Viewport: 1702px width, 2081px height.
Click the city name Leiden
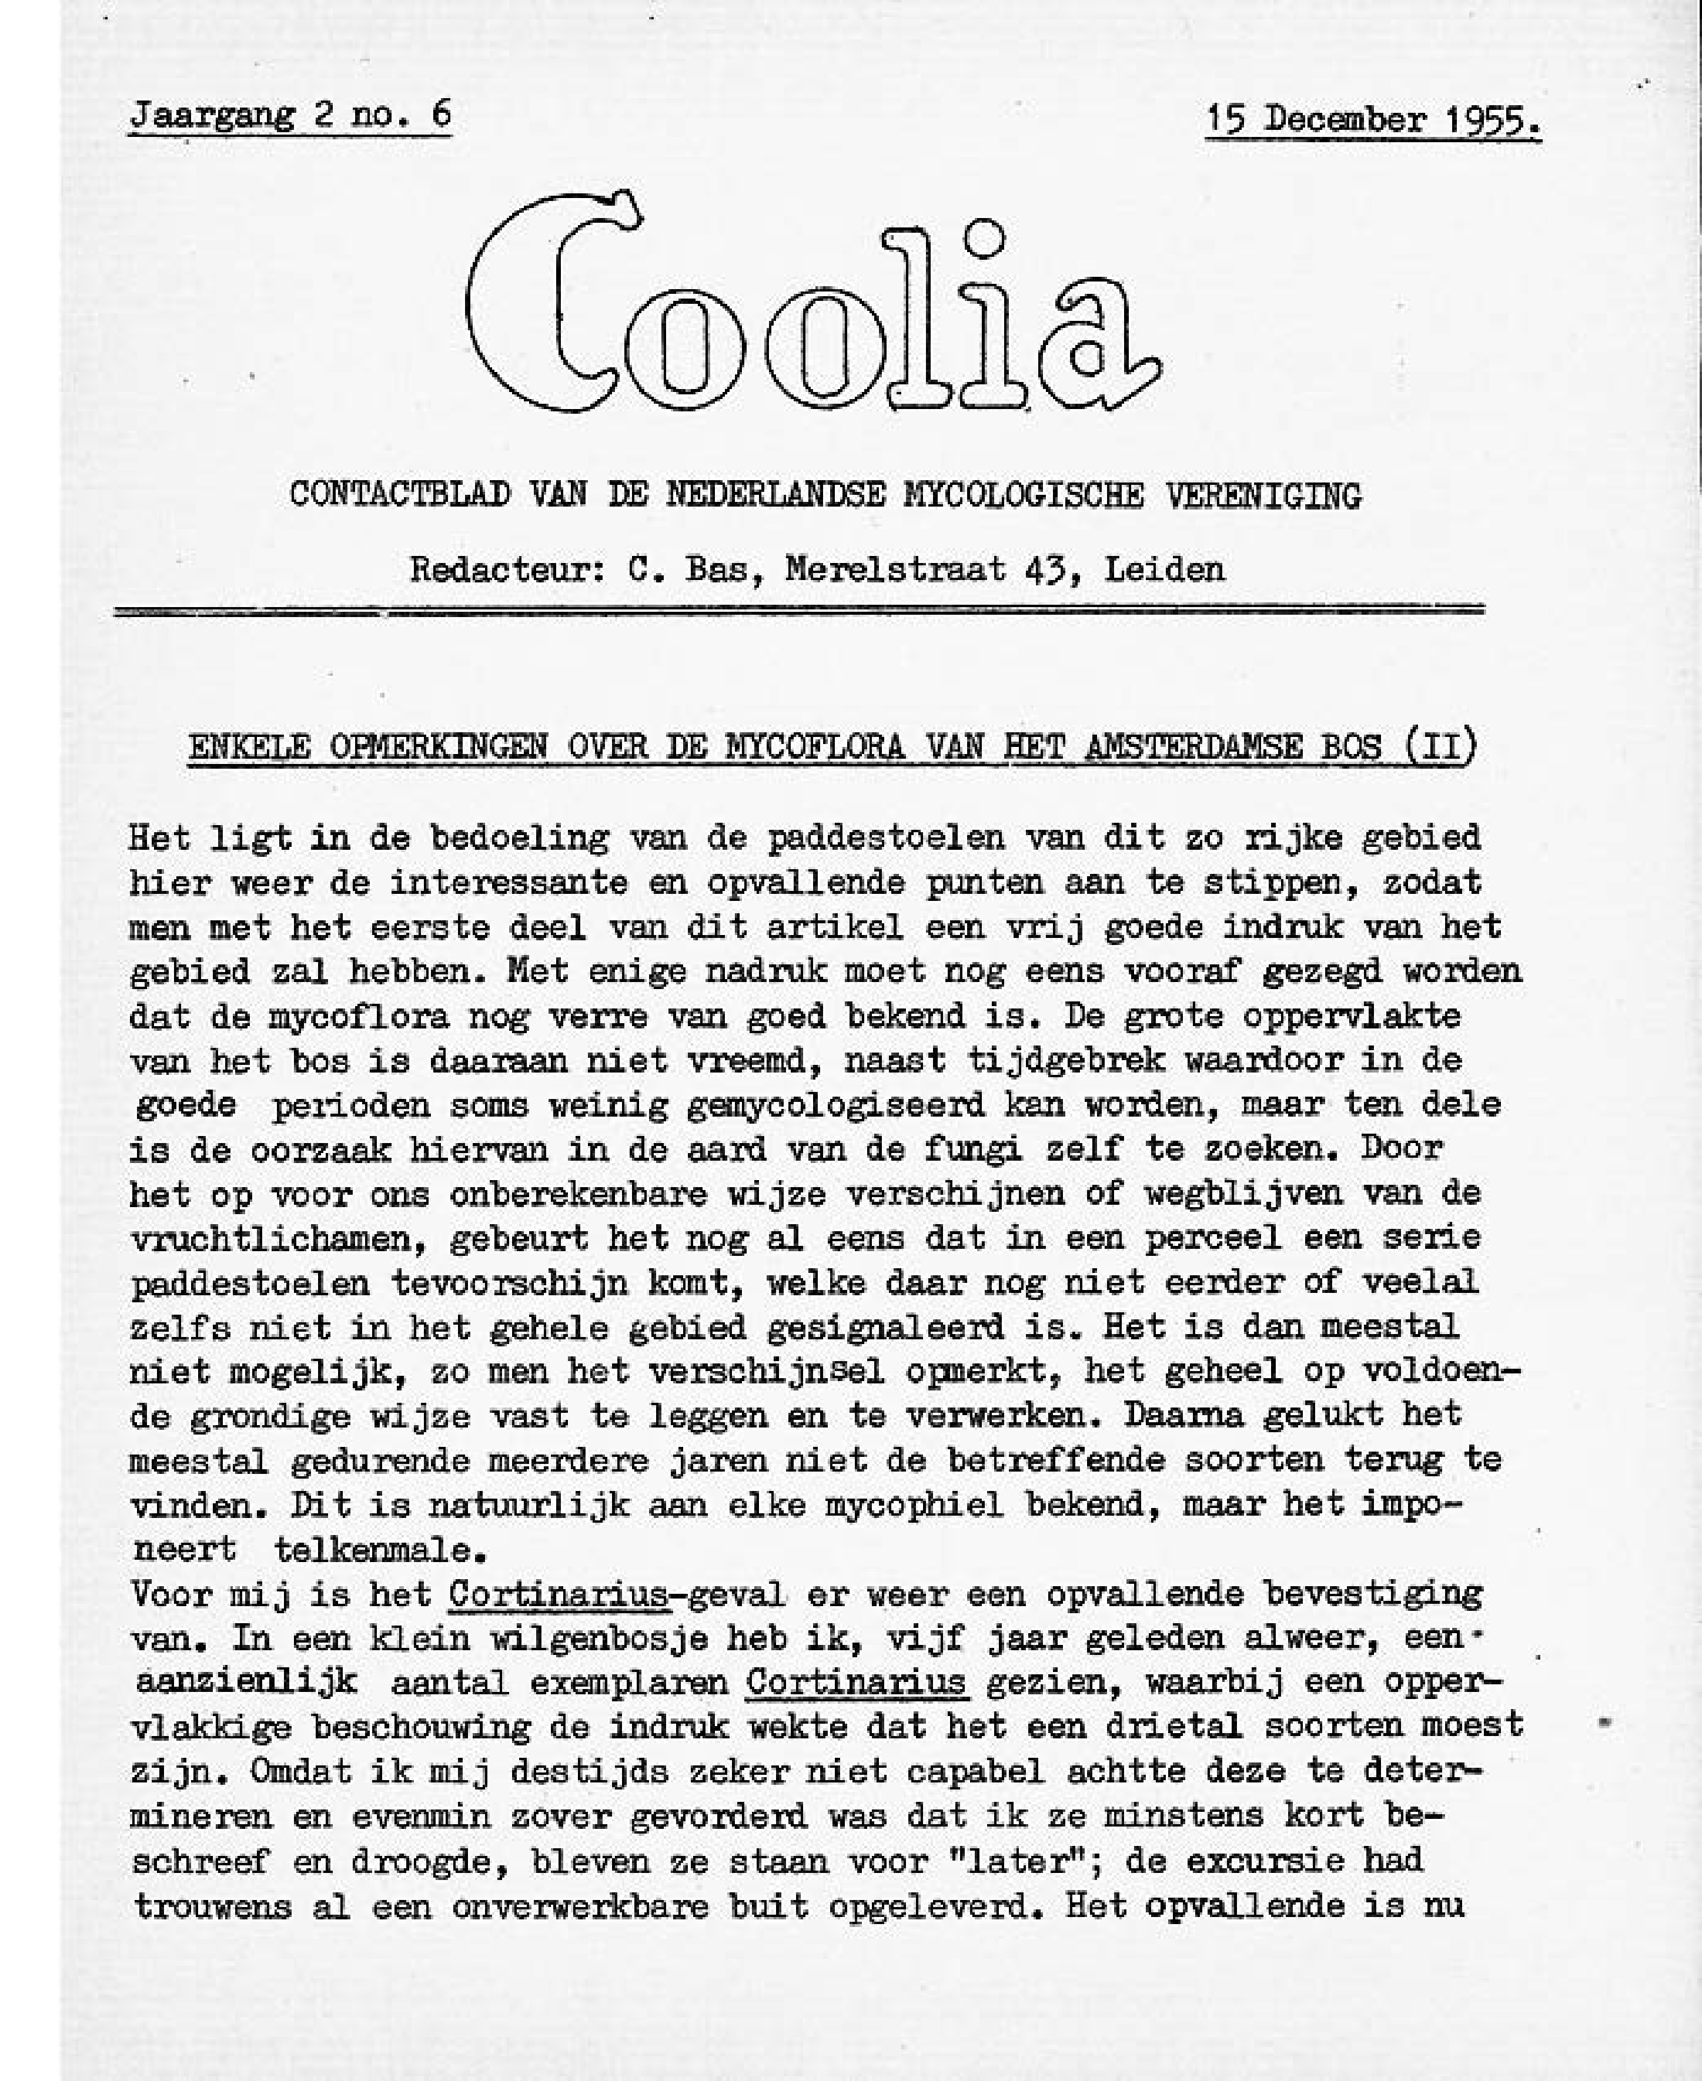pyautogui.click(x=1165, y=569)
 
